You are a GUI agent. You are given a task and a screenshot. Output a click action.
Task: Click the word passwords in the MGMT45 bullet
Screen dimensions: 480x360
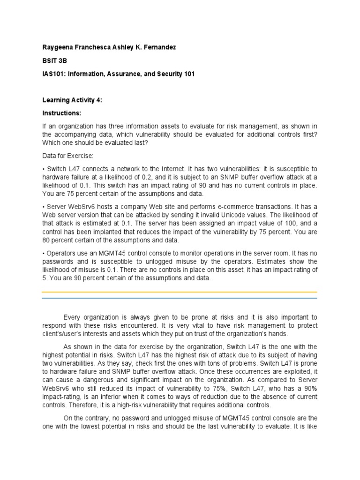[57, 262]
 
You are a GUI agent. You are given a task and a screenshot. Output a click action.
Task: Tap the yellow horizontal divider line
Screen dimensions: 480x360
[180, 292]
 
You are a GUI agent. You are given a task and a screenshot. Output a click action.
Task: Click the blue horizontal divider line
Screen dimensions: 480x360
[180, 298]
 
